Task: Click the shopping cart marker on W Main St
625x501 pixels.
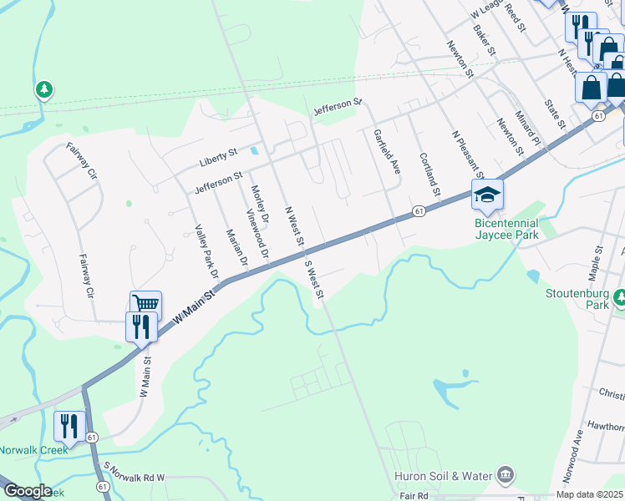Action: (146, 304)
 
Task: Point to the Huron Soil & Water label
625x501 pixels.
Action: (443, 476)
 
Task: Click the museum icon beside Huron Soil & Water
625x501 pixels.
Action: (505, 476)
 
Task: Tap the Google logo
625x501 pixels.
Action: (27, 491)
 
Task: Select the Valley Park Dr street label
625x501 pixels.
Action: (206, 251)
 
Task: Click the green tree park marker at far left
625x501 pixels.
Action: (44, 89)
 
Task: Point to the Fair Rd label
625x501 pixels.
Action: (414, 495)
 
